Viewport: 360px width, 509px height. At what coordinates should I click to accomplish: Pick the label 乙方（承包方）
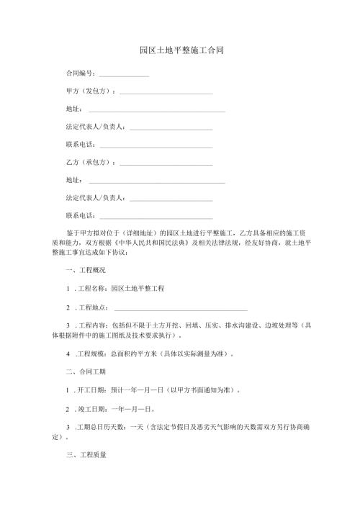89,162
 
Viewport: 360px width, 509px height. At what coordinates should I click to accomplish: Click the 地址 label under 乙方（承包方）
72,179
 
